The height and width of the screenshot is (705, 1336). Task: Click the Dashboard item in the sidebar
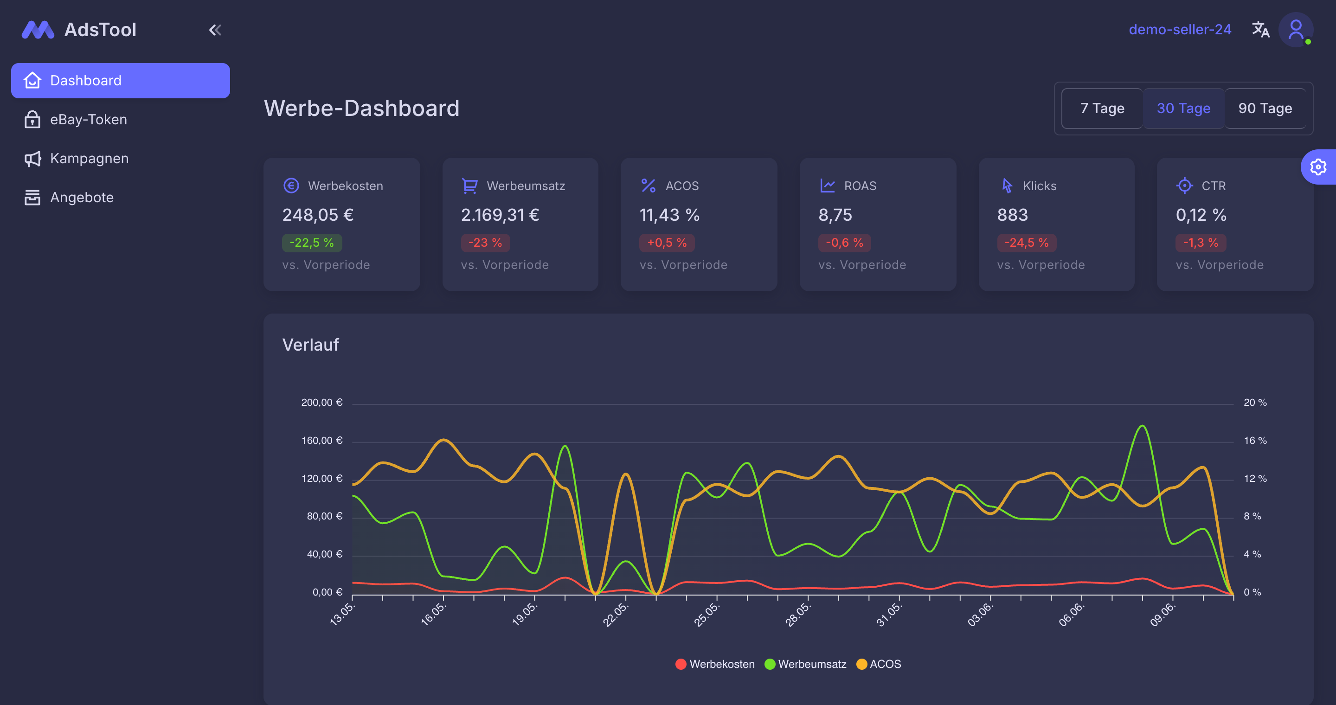pyautogui.click(x=120, y=80)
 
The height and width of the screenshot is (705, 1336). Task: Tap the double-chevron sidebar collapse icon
pyautogui.click(x=215, y=30)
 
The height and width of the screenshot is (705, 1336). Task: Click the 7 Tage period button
pyautogui.click(x=1102, y=109)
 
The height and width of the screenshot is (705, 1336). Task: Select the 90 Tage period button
pyautogui.click(x=1265, y=109)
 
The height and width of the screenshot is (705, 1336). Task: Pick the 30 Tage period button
pyautogui.click(x=1183, y=109)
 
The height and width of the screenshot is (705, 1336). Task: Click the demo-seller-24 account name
pyautogui.click(x=1180, y=30)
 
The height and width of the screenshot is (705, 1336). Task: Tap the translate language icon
pyautogui.click(x=1261, y=30)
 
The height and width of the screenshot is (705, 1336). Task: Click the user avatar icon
pyautogui.click(x=1296, y=30)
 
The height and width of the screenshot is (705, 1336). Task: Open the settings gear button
pyautogui.click(x=1318, y=167)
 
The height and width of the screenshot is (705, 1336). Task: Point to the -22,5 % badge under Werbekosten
pyautogui.click(x=312, y=243)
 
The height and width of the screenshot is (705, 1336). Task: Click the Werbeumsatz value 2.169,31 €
pyautogui.click(x=500, y=215)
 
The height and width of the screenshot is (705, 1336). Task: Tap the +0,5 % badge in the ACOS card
pyautogui.click(x=667, y=243)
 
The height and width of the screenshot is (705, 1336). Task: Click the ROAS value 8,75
pyautogui.click(x=835, y=215)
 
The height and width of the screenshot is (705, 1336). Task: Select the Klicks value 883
pyautogui.click(x=1012, y=215)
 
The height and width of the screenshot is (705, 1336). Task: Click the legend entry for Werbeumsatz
pyautogui.click(x=805, y=664)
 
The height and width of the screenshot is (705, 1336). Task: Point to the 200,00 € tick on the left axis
pyautogui.click(x=322, y=402)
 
